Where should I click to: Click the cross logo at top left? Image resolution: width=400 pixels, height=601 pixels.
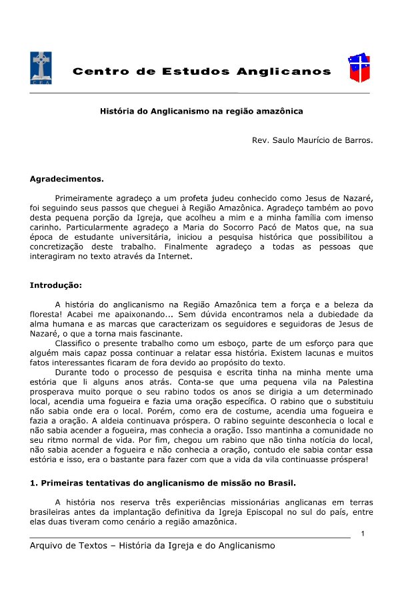pos(41,69)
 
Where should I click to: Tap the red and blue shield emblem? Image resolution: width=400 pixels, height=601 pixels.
pos(359,69)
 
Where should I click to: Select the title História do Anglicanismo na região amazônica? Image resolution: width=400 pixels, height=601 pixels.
pos(201,112)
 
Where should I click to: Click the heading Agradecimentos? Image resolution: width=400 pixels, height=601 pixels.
pos(67,179)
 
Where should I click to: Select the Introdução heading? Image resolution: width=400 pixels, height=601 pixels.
pos(56,285)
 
